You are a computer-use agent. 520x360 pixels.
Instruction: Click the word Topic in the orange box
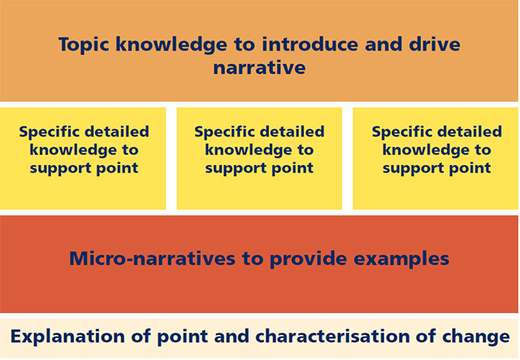click(x=84, y=46)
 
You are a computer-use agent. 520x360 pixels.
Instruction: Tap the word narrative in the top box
click(x=259, y=67)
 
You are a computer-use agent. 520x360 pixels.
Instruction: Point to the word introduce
click(x=310, y=44)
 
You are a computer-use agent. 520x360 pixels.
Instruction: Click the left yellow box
click(x=83, y=158)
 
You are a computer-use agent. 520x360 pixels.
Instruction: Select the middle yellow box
click(x=259, y=158)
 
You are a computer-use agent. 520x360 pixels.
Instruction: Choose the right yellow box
click(x=435, y=158)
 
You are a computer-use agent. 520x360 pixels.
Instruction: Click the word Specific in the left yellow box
click(x=46, y=132)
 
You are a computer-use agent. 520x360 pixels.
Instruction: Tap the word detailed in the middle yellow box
click(x=292, y=132)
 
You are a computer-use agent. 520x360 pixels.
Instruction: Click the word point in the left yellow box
click(x=117, y=168)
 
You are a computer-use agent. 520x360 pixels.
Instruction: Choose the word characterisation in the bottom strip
click(x=332, y=336)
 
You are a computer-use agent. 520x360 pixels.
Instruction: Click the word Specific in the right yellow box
click(x=399, y=132)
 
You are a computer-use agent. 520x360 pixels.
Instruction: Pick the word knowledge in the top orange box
click(x=171, y=46)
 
